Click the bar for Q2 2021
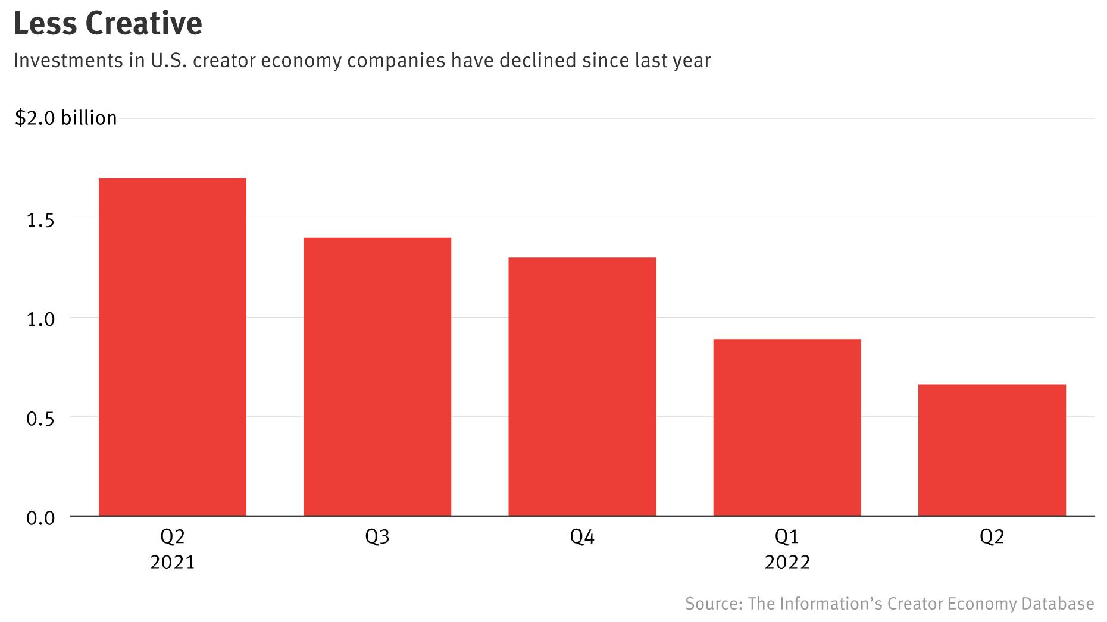coord(172,347)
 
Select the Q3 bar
coord(377,376)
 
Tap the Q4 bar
coord(582,387)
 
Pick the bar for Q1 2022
coord(787,427)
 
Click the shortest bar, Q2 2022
coord(992,450)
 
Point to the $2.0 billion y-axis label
coord(65,118)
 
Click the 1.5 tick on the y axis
coord(40,220)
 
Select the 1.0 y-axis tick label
coord(40,319)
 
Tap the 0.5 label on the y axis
coord(40,419)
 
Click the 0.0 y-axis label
coord(40,518)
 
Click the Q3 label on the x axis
coord(377,537)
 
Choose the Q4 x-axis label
coord(582,537)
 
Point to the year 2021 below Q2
coord(172,563)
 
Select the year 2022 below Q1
coord(787,563)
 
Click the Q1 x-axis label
coord(787,537)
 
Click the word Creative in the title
coord(144,24)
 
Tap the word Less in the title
coord(45,24)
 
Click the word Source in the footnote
coord(713,604)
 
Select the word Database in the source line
coord(1058,604)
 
